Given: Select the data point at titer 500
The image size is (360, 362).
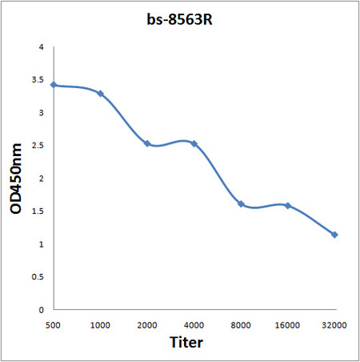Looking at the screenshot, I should [x=54, y=85].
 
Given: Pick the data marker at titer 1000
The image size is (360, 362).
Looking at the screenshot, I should [x=101, y=94].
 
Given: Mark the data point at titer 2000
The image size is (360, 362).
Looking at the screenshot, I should [x=147, y=143].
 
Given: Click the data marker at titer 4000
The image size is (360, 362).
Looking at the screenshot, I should [x=194, y=143].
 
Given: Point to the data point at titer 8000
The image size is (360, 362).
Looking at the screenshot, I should [x=241, y=203].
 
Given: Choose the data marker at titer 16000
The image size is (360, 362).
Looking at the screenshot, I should [x=287, y=205].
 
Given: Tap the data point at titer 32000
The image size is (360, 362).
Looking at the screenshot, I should [x=334, y=235].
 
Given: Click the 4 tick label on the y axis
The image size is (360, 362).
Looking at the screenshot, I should [x=42, y=47].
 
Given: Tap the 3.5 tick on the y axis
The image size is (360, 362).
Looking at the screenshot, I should [x=38, y=80].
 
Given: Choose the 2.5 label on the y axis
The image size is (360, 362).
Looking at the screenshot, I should [x=38, y=146].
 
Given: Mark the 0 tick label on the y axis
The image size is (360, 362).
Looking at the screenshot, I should [x=42, y=309].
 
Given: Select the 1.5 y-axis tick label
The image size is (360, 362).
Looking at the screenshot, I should [x=38, y=211].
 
